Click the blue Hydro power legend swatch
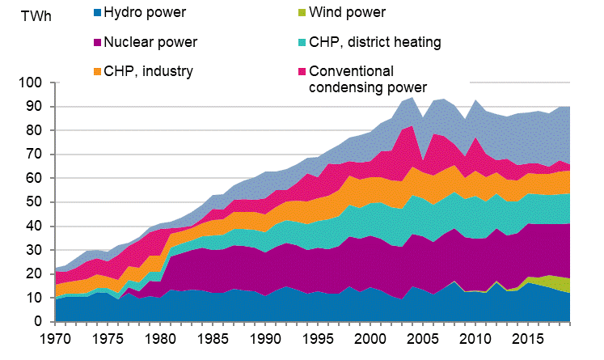98,14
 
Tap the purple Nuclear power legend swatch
98,42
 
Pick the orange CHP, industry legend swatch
98,71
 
